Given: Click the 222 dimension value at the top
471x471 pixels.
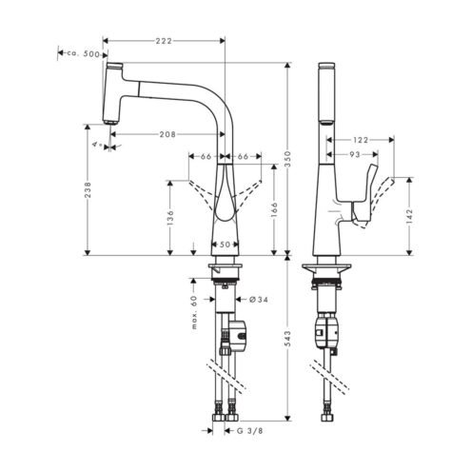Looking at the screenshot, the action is pos(164,41).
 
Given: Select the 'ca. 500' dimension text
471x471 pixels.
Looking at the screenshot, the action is pos(83,54).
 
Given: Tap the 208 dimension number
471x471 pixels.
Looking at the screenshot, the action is pos(167,134).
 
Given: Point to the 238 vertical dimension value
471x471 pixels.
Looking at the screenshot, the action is pos(88,189).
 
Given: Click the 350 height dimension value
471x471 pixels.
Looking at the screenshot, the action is pos(287,159).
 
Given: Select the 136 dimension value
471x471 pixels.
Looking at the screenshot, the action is pos(170,218).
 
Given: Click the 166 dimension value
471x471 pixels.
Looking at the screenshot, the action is pos(274,210).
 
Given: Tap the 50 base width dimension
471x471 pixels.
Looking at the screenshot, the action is pos(225,245).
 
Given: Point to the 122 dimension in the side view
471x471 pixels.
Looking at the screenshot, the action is pos(361,140).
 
